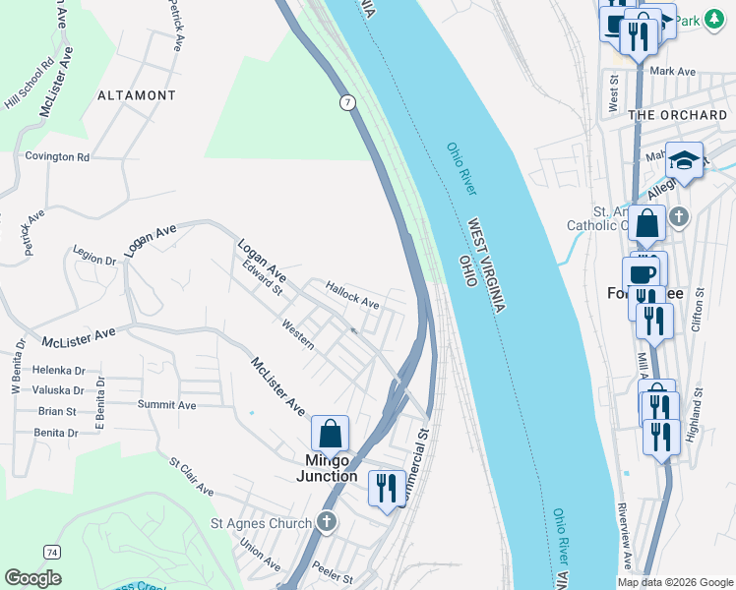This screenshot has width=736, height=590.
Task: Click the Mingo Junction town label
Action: coord(327,466)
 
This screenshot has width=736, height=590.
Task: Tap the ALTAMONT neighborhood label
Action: coord(137,95)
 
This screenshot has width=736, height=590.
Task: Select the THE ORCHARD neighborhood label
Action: coord(678,115)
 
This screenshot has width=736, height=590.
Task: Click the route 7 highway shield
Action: coord(348,102)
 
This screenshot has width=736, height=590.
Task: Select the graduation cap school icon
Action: coord(684,158)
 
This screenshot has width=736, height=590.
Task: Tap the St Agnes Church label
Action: coord(262,523)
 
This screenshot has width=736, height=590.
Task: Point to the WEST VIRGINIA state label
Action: coord(486,265)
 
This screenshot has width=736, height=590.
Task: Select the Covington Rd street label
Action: coord(57,156)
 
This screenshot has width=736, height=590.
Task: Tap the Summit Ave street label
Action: coord(169,404)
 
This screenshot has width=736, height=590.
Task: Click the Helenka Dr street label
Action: coord(59,371)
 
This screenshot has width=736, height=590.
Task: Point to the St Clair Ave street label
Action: coord(191,475)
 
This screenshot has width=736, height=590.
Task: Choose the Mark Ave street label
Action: coord(673,72)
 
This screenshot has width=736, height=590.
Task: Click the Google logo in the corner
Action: coord(32,578)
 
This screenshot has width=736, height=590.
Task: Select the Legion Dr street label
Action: coord(94,255)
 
